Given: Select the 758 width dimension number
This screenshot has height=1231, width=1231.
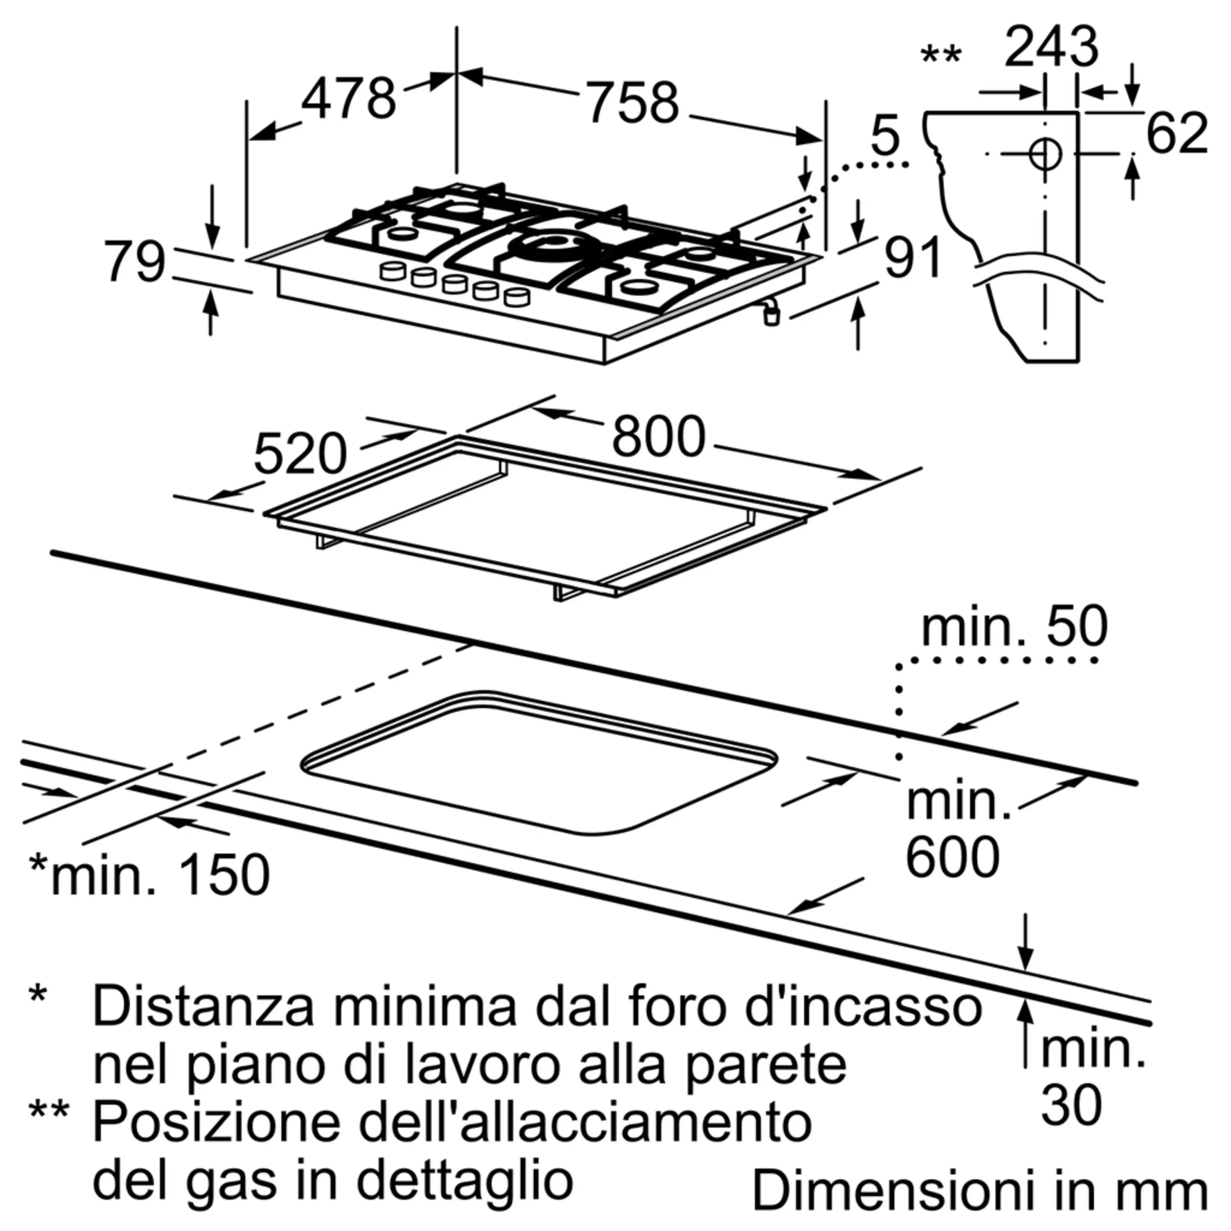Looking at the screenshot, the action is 633,102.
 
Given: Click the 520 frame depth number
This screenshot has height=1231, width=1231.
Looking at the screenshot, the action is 300,454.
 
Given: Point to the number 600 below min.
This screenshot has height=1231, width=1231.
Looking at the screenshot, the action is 952,857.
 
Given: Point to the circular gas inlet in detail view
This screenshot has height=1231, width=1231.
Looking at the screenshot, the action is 1045,153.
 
